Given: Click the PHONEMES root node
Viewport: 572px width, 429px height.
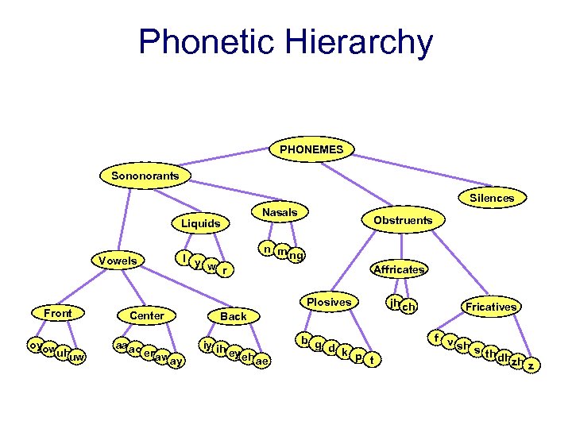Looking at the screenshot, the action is [312, 149].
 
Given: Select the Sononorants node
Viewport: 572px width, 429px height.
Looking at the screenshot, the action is [145, 175].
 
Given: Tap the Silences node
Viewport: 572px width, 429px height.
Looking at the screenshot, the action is [492, 197].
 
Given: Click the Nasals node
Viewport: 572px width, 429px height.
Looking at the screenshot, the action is [280, 212].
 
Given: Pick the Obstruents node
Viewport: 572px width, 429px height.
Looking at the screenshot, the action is [404, 219].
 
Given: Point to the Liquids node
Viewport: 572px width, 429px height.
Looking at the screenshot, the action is [200, 223].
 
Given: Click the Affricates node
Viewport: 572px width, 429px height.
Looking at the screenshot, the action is [399, 269].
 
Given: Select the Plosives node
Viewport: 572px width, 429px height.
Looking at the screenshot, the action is [329, 302].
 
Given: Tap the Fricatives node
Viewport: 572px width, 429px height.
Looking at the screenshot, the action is [491, 306].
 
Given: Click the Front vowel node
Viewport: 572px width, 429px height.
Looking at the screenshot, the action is [58, 313].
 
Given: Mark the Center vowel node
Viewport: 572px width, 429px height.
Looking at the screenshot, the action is [146, 315].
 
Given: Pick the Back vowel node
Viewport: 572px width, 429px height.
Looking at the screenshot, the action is [234, 316].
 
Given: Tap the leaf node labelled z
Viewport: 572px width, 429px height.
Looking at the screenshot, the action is [531, 365].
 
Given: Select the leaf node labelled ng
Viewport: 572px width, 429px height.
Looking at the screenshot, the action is [296, 256].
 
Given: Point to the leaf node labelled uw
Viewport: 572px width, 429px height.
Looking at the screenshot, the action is [76, 358].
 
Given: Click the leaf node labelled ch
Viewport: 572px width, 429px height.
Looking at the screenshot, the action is [409, 307].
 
